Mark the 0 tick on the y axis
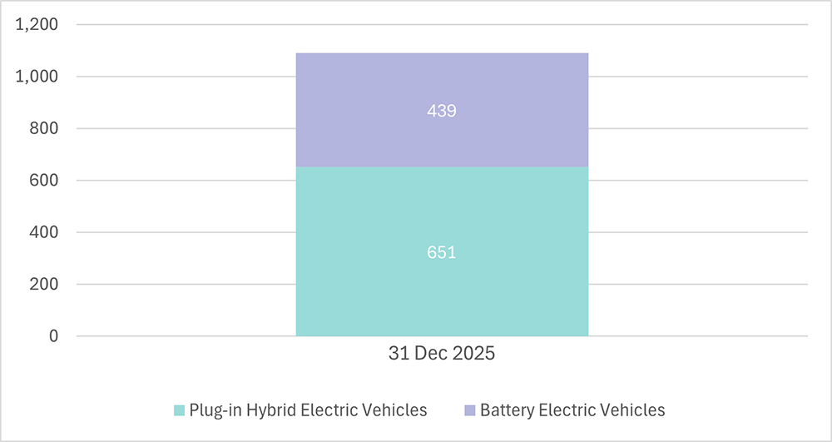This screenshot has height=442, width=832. click(x=54, y=336)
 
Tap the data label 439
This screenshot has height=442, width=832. click(x=442, y=111)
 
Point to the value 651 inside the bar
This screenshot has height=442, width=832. click(x=442, y=252)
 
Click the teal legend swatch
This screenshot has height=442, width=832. click(x=179, y=410)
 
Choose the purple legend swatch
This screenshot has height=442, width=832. click(x=469, y=410)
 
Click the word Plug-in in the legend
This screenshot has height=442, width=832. click(x=213, y=410)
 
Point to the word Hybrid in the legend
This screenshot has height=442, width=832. click(x=264, y=410)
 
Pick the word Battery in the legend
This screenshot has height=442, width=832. click(x=508, y=410)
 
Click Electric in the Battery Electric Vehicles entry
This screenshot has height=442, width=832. click(x=565, y=410)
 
